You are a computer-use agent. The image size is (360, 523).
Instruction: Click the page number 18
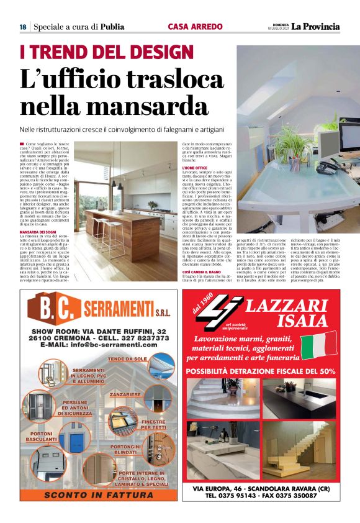(x=22, y=27)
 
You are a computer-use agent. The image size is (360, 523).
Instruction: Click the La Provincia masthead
(x=316, y=26)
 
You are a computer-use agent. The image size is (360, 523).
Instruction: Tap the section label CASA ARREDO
(x=192, y=27)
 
